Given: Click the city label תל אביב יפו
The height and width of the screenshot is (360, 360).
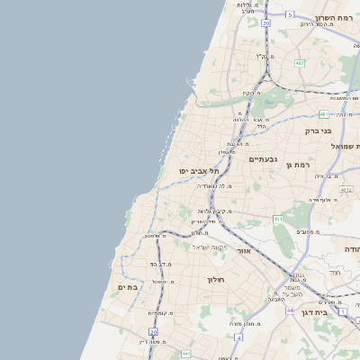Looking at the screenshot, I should (x=195, y=170).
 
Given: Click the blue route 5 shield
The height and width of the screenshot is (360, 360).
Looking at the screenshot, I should (x=290, y=14).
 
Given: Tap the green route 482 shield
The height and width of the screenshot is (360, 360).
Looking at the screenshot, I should (x=300, y=63).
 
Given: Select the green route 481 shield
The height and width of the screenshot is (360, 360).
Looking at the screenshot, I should (x=324, y=114).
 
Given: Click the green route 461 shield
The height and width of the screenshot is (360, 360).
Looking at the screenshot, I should (x=279, y=219).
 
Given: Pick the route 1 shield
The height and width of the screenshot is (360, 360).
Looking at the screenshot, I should (x=343, y=310).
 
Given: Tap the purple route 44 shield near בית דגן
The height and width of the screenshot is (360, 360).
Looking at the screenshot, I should (x=291, y=310).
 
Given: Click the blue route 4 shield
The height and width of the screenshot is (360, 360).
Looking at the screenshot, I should (x=238, y=337).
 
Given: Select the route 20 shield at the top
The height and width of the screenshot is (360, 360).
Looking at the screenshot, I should (x=265, y=23).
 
